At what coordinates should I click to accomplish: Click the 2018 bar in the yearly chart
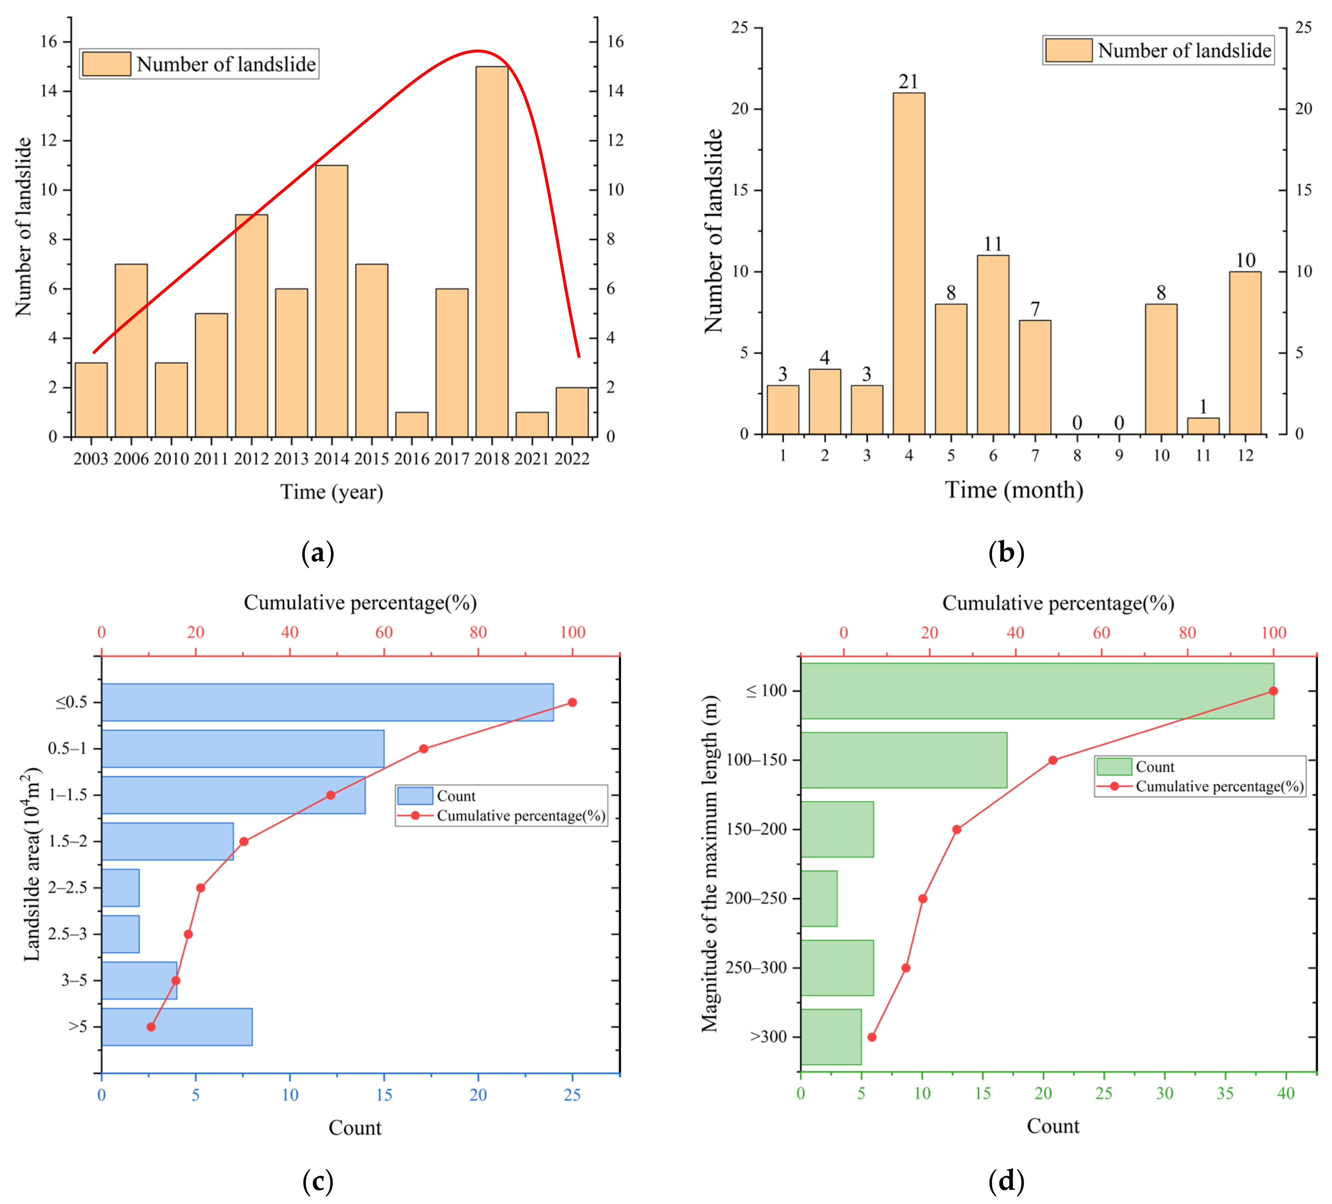(x=492, y=251)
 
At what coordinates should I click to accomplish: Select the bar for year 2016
(x=412, y=425)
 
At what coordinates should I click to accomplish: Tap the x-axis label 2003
(x=90, y=458)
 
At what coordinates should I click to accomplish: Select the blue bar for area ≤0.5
(x=327, y=702)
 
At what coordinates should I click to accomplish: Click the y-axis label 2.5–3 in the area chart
(x=67, y=934)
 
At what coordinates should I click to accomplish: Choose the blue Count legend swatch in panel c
(x=415, y=796)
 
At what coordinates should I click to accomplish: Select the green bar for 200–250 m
(x=819, y=898)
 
